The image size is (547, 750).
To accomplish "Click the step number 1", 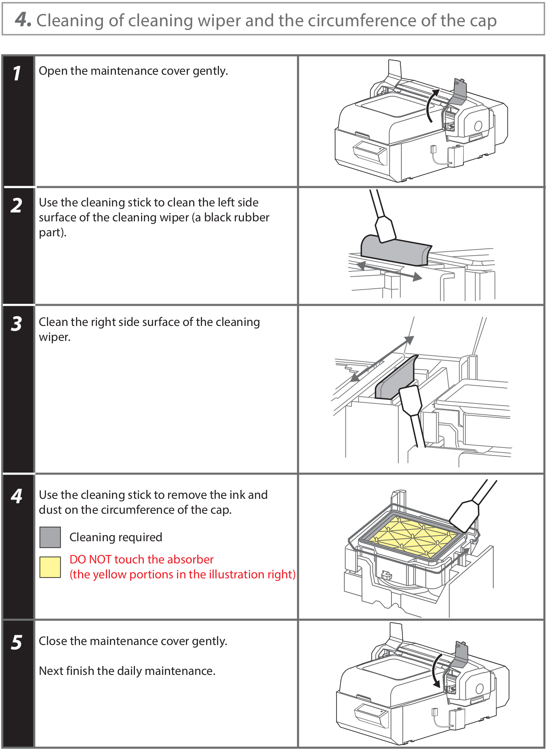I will (x=17, y=74).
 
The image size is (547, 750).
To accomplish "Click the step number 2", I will (x=17, y=205).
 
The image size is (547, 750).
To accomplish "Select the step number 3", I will (x=17, y=324).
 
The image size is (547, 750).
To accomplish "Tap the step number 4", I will (x=17, y=496).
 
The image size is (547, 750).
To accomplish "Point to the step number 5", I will (x=17, y=642).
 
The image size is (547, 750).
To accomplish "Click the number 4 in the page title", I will (x=22, y=19).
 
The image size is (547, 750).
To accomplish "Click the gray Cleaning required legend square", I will (x=50, y=537).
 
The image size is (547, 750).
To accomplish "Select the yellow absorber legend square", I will (x=50, y=567).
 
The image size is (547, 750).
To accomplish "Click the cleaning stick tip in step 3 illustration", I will (x=410, y=400).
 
